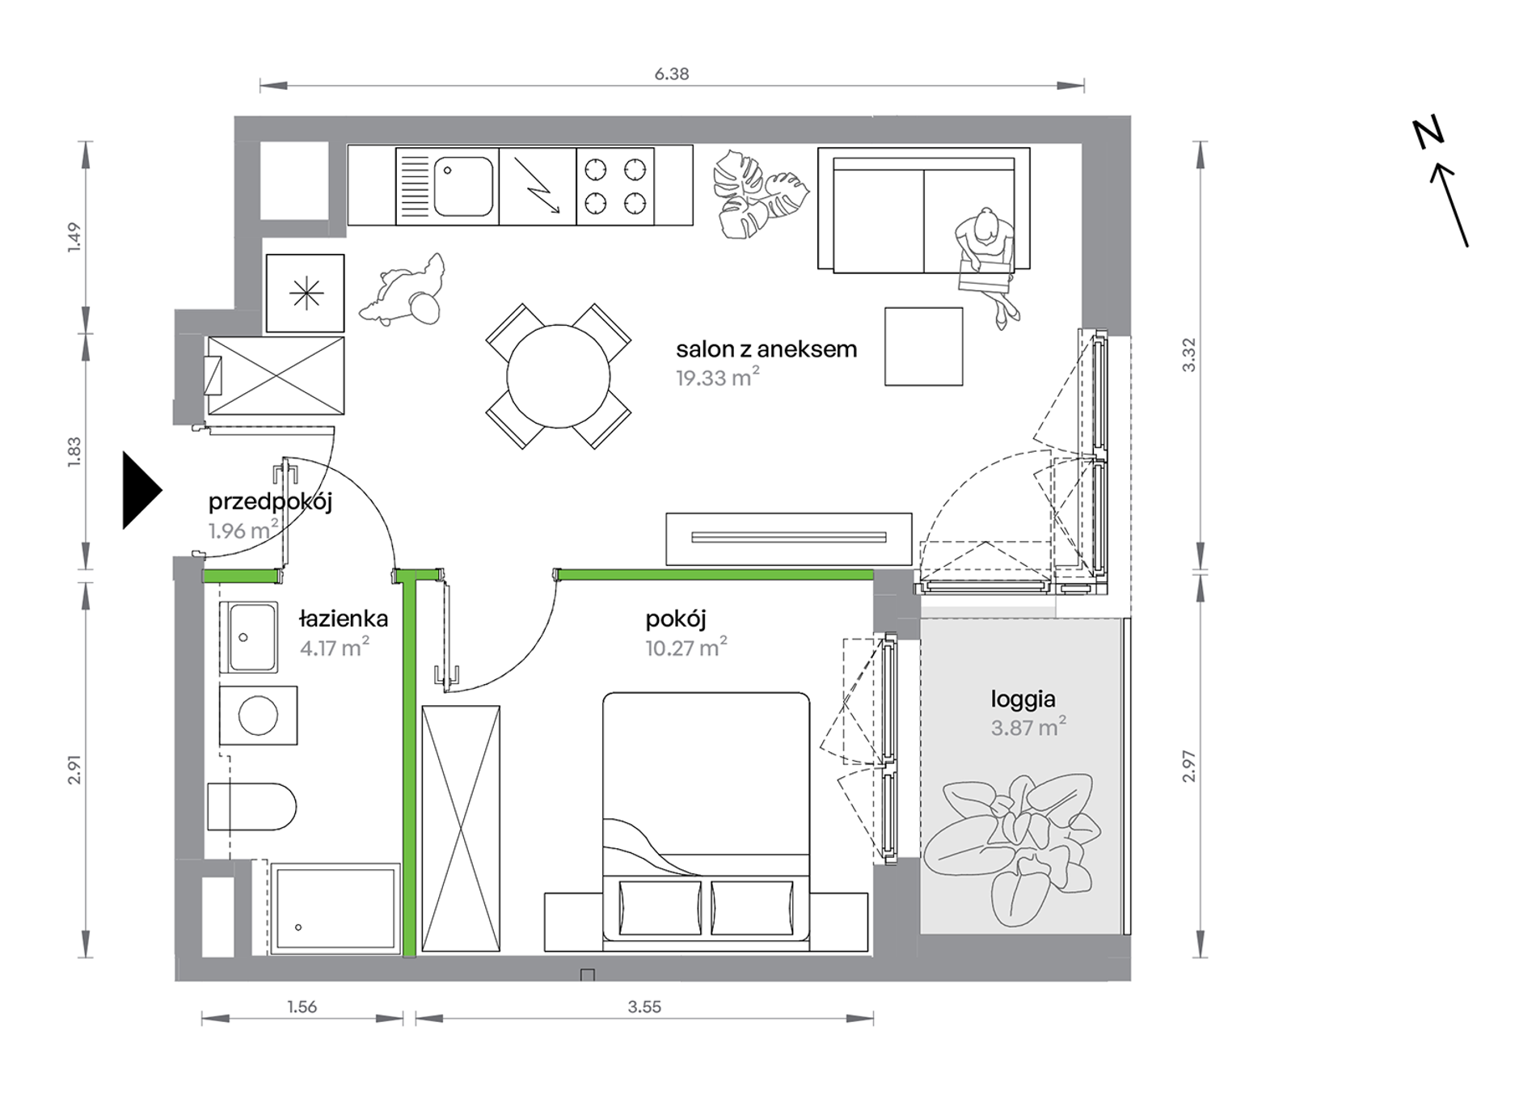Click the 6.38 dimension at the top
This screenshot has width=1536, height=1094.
[x=671, y=74]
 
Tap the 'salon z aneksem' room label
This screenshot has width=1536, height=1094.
[x=766, y=349]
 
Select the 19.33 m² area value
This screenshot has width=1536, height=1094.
[x=718, y=377]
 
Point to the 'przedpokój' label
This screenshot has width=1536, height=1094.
[x=270, y=502]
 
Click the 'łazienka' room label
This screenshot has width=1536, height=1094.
[x=344, y=619]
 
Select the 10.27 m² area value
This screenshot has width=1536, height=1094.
[x=686, y=647]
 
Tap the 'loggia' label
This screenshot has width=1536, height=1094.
[x=1023, y=699]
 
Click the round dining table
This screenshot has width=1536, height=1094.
[x=559, y=376]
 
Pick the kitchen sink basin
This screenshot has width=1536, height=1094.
[x=463, y=187]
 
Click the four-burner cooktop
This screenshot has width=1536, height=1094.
[x=615, y=186]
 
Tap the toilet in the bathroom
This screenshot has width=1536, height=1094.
[x=251, y=806]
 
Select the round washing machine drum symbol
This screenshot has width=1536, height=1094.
[x=259, y=716]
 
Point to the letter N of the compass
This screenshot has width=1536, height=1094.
[x=1428, y=133]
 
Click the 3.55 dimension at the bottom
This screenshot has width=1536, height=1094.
[x=644, y=1007]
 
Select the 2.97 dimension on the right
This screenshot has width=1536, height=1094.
[x=1188, y=766]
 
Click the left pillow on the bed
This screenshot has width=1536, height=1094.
[x=660, y=908]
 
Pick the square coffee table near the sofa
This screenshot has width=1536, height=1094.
[x=923, y=346]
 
